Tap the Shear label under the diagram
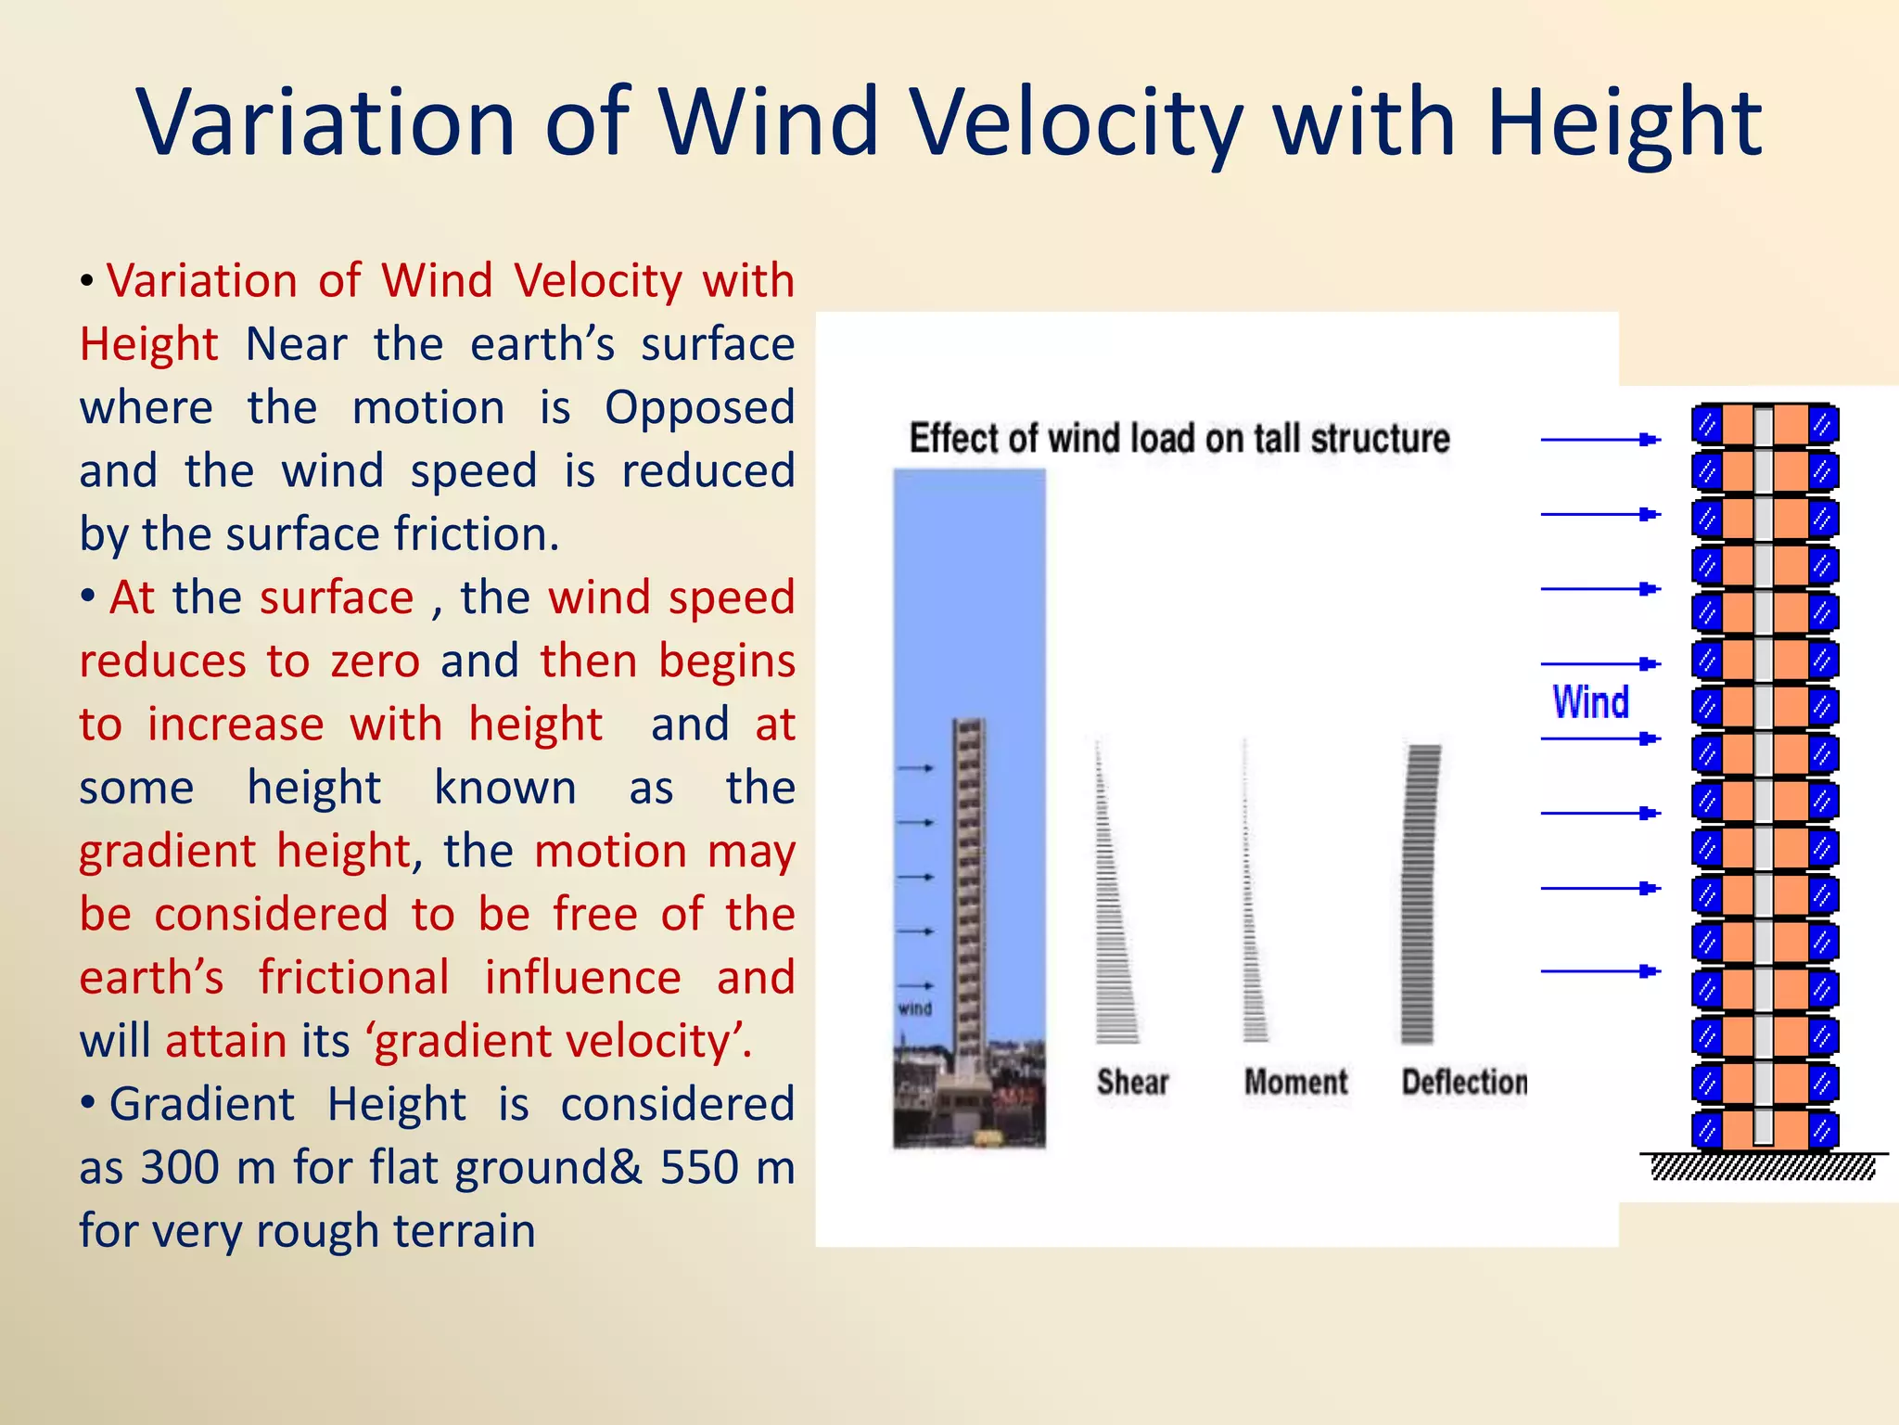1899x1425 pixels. click(1132, 1082)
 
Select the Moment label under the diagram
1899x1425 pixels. click(1295, 1082)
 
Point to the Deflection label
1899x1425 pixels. click(1463, 1082)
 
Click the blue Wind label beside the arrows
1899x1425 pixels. click(1590, 702)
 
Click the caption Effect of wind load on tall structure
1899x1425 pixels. click(1179, 438)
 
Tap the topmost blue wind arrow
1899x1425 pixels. click(1599, 440)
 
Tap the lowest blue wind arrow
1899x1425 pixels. click(1599, 971)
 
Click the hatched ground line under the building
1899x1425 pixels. click(1763, 1166)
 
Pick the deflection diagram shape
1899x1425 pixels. click(1419, 895)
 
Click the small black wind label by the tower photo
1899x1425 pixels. click(914, 1008)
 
